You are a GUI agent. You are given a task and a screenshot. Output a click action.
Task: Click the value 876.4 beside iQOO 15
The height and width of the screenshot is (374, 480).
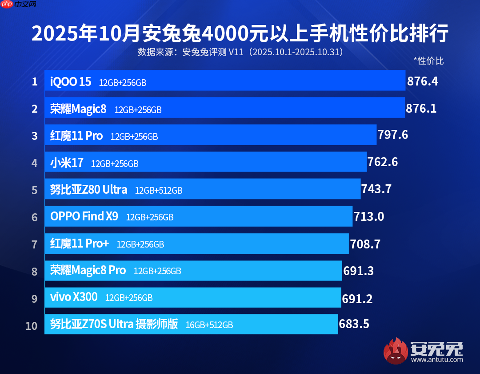(x=423, y=81)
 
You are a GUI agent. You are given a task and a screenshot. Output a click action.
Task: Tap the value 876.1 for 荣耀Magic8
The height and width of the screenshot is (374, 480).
(x=421, y=109)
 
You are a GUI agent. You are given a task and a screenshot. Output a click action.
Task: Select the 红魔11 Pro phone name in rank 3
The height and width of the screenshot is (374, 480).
(x=76, y=136)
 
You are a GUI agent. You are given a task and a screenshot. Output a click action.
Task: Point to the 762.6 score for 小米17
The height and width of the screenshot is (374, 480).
(x=383, y=163)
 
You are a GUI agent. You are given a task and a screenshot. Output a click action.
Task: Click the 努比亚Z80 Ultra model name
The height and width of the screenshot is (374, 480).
(x=88, y=190)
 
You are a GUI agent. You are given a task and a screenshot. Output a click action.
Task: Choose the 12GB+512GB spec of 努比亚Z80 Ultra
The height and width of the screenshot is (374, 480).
(x=159, y=191)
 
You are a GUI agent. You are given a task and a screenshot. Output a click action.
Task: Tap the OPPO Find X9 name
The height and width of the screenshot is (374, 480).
(x=84, y=217)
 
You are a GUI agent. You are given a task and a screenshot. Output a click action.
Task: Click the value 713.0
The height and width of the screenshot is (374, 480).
(x=369, y=217)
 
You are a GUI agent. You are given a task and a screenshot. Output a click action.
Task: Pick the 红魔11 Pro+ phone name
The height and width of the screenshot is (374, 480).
(x=80, y=244)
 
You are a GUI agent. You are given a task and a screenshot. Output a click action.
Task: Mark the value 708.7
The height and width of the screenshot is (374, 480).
(x=365, y=244)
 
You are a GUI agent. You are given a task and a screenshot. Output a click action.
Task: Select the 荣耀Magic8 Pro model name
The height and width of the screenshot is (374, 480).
(x=88, y=270)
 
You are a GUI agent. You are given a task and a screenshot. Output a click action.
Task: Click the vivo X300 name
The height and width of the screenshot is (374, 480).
(x=74, y=297)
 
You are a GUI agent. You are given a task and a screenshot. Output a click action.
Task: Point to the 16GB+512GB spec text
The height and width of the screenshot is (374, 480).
(x=209, y=325)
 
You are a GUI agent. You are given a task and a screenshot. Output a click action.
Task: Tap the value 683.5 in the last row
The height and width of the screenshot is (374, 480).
(x=354, y=324)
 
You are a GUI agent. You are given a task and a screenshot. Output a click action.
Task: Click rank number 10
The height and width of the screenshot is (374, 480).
(x=32, y=325)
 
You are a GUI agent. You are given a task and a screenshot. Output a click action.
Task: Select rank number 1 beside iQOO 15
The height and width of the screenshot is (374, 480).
(x=34, y=82)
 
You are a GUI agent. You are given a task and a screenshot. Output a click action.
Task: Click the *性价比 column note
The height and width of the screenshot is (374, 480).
(x=428, y=61)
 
